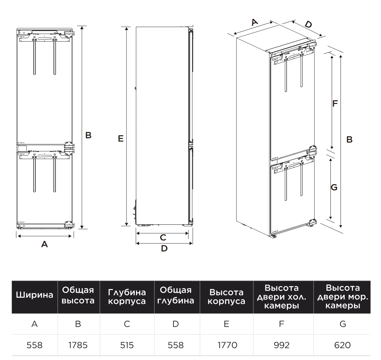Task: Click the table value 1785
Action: [78, 345]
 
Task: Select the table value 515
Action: [127, 345]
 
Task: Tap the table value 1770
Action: [227, 345]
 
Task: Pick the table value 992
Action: [281, 345]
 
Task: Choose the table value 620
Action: [342, 345]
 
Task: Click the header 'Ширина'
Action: [35, 295]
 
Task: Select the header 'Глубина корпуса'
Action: [127, 297]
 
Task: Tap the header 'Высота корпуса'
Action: [226, 297]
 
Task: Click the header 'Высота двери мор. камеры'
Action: [343, 297]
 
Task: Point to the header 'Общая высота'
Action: [78, 295]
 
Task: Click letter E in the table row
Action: [226, 324]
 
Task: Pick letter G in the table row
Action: [343, 324]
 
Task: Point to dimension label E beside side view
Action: [121, 139]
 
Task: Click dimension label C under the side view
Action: [163, 237]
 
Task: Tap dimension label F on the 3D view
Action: [335, 104]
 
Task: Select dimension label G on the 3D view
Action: [334, 187]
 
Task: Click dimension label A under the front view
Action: [45, 244]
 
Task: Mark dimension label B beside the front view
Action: [88, 135]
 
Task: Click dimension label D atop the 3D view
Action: [308, 24]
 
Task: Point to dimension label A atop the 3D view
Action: [255, 22]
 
